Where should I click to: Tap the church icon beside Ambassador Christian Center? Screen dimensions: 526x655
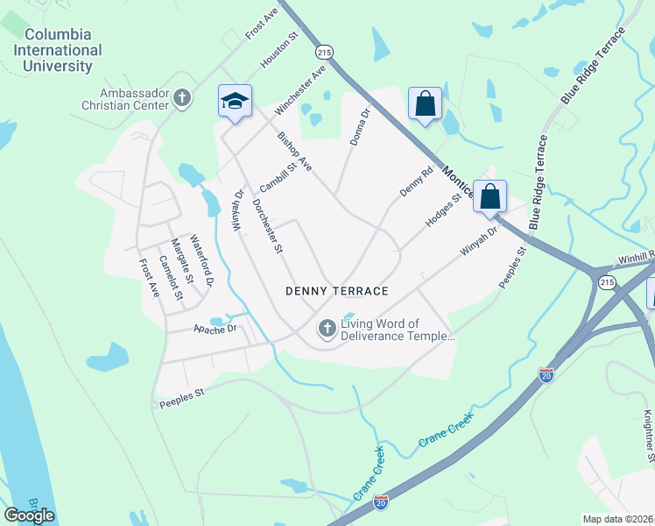182,98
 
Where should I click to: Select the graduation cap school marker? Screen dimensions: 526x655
235,102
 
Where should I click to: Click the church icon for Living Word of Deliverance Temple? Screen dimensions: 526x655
327,330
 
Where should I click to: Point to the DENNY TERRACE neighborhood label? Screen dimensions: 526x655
336,290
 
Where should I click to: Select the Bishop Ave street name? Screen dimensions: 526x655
294,151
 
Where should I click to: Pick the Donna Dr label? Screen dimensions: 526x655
360,128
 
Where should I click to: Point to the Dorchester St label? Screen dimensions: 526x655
268,226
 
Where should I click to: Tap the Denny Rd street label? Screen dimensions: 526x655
417,181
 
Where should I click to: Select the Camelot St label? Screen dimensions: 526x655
170,276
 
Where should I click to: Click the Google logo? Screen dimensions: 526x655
30,515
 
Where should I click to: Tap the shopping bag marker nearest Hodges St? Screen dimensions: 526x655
490,196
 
